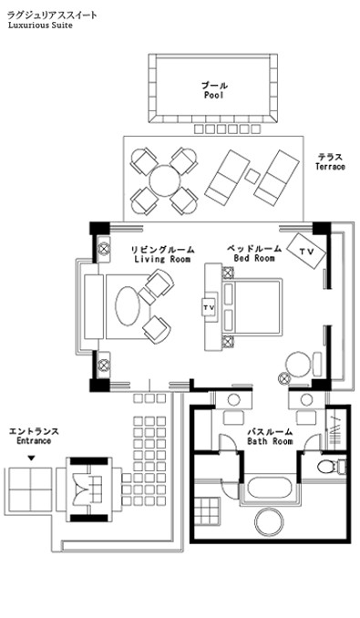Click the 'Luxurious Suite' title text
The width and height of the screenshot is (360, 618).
(x=40, y=26)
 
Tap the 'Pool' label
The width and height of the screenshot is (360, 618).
(x=214, y=95)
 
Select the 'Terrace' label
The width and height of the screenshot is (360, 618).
(x=330, y=166)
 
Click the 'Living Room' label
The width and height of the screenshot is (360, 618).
(x=162, y=259)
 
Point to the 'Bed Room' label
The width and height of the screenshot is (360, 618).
(x=254, y=258)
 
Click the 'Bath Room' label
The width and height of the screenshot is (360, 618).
(x=270, y=441)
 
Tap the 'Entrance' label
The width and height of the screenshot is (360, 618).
(x=34, y=440)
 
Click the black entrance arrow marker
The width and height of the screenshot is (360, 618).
(x=32, y=458)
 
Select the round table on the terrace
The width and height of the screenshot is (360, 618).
(x=165, y=181)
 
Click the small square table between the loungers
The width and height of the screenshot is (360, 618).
(x=252, y=176)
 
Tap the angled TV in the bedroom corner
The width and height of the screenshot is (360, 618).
(x=306, y=251)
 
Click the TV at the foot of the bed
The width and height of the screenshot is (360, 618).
(x=209, y=307)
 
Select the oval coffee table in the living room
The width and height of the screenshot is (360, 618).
(x=128, y=306)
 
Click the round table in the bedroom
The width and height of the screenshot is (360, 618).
(x=298, y=365)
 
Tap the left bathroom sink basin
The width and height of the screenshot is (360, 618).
(x=233, y=399)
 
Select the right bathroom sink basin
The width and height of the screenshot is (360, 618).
(x=306, y=399)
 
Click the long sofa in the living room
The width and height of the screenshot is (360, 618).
(x=94, y=306)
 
